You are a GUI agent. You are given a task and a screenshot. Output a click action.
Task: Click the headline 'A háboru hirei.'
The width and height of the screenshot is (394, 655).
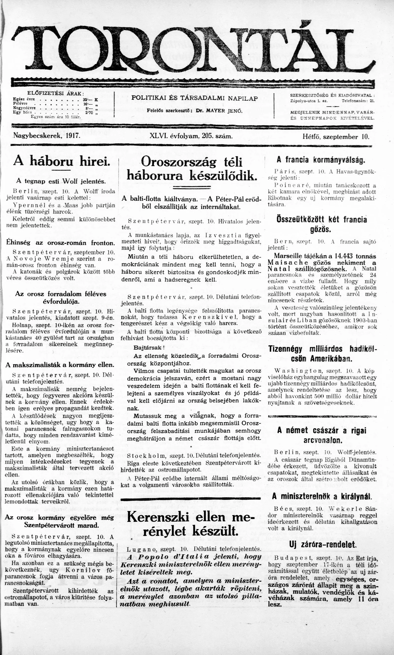pyautogui.click(x=62, y=161)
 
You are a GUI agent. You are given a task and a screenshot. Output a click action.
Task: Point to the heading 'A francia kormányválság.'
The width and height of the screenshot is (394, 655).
pyautogui.click(x=321, y=160)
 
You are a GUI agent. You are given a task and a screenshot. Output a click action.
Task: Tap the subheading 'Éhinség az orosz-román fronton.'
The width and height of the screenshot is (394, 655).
pyautogui.click(x=61, y=243)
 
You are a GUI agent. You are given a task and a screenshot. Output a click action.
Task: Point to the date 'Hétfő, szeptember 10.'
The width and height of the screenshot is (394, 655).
pyautogui.click(x=336, y=137)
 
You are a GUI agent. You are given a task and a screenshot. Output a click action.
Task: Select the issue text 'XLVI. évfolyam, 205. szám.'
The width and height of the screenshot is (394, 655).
pyautogui.click(x=191, y=136)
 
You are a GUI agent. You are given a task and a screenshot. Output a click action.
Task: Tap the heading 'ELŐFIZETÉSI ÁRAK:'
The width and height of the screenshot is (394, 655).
pyautogui.click(x=55, y=94)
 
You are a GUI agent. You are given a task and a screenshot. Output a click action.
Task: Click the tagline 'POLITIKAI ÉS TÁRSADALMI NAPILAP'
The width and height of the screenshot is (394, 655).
pyautogui.click(x=195, y=98)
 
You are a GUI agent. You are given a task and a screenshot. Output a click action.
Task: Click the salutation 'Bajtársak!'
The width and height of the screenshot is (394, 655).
pyautogui.click(x=149, y=347)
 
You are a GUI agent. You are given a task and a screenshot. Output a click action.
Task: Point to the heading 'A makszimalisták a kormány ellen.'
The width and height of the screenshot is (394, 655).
pyautogui.click(x=60, y=365)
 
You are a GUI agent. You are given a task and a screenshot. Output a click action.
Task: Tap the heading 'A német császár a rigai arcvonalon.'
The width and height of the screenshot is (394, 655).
pyautogui.click(x=322, y=435)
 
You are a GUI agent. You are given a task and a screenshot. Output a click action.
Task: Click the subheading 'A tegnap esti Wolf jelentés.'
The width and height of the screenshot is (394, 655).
pyautogui.click(x=61, y=181)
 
